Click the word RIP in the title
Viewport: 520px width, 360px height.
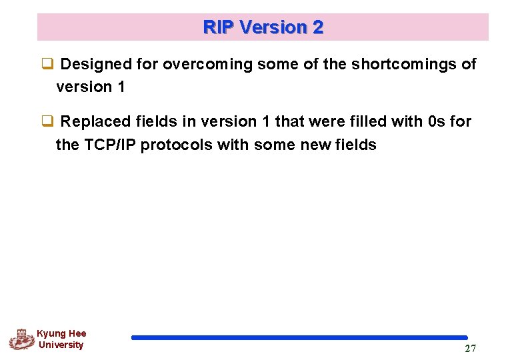coord(218,27)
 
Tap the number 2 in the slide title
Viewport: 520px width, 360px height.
coord(317,27)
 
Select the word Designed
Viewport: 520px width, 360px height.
coord(93,64)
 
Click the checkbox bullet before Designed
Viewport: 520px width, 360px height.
coord(47,65)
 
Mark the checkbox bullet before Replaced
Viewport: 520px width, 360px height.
coord(47,122)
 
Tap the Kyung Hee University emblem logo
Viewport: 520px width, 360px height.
coord(21,339)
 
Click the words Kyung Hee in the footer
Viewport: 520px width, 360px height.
coord(61,333)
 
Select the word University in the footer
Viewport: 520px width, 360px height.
coord(61,345)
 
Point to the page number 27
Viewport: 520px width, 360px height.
coord(470,349)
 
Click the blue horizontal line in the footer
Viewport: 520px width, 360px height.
coord(299,338)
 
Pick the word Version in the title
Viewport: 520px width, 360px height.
coord(272,27)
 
